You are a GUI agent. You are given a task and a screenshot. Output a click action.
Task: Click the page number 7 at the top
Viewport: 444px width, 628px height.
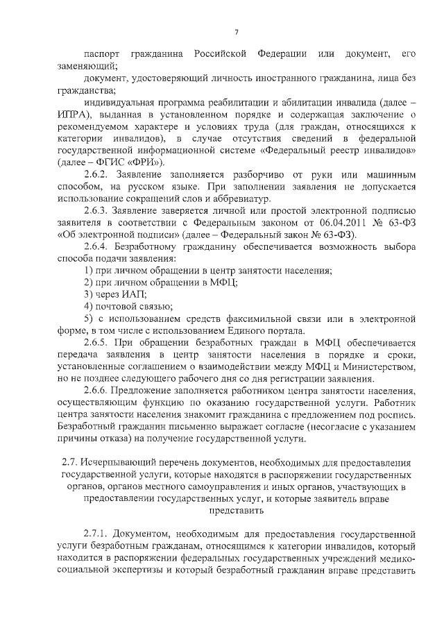(236, 33)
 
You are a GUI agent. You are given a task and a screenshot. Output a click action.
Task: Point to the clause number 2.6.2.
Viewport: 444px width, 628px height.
(97, 173)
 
